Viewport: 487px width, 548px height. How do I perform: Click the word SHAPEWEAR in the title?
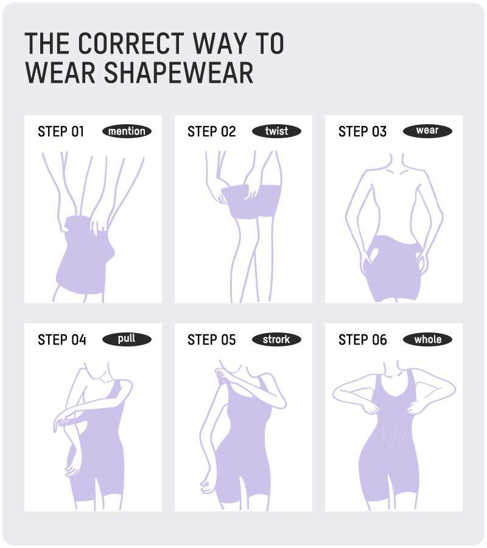[179, 72]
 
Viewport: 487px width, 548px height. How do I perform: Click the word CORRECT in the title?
[130, 44]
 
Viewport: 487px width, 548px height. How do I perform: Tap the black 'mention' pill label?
[127, 131]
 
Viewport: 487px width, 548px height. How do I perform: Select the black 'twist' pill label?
[276, 131]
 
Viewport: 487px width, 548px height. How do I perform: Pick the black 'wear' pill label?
[427, 131]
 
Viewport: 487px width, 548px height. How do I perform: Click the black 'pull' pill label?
[127, 339]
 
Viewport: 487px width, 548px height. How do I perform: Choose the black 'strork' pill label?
[276, 339]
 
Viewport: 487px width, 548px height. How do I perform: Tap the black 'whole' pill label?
[427, 339]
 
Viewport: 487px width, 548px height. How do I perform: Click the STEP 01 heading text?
[61, 132]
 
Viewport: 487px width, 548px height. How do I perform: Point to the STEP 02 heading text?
[211, 132]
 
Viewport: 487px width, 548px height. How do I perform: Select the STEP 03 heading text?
[362, 132]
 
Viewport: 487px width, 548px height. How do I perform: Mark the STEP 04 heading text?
[61, 340]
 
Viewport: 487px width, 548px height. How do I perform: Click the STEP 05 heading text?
[211, 340]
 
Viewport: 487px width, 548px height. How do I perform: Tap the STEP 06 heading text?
[362, 340]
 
